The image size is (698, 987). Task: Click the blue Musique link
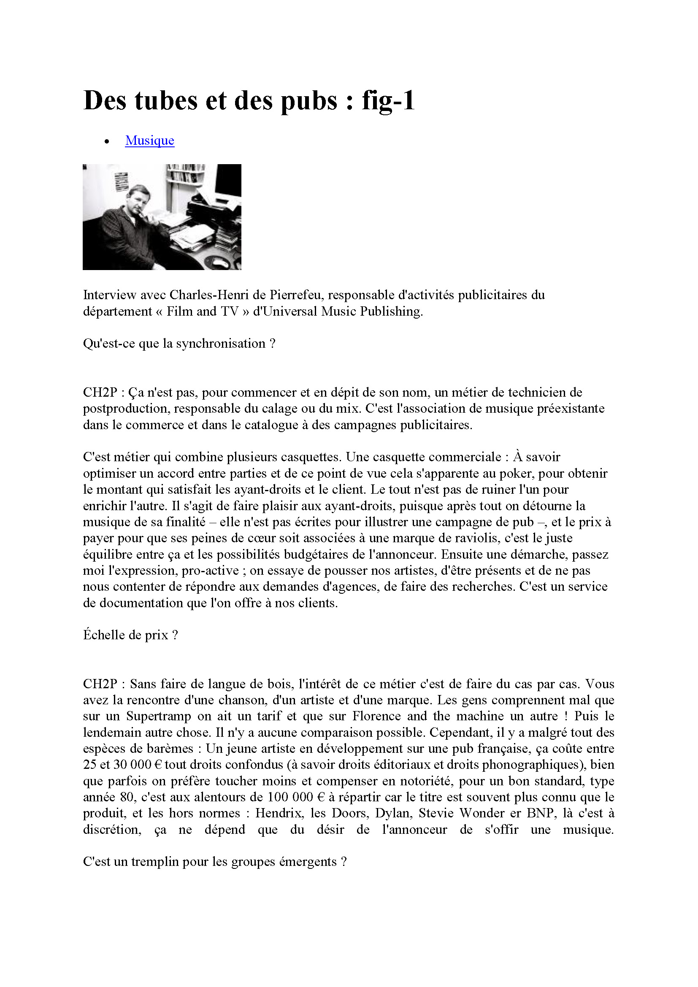click(149, 141)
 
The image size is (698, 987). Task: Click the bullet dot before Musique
click(107, 141)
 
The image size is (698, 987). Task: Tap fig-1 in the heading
click(388, 101)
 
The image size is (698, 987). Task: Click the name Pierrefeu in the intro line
click(296, 295)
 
